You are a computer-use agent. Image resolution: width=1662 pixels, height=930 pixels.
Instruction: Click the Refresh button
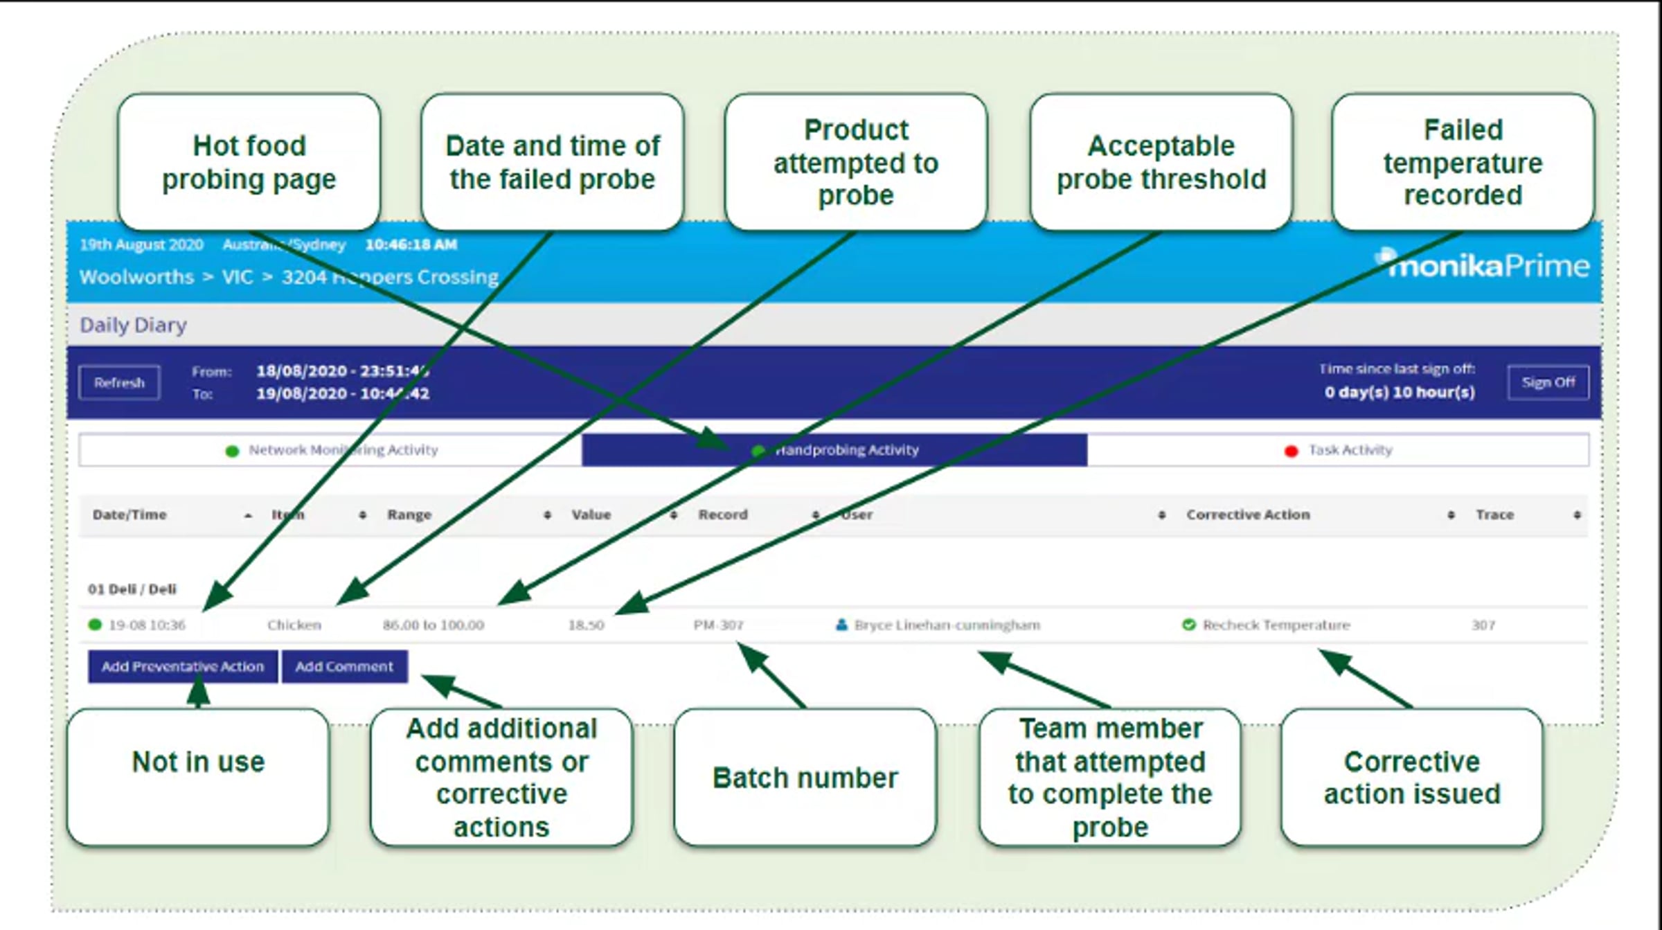[119, 382]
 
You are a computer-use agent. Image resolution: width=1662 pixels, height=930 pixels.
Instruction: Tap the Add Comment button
[344, 666]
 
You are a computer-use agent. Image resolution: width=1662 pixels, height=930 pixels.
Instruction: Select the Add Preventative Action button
[182, 666]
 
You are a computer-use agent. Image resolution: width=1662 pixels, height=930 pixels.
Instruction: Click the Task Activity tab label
[1350, 450]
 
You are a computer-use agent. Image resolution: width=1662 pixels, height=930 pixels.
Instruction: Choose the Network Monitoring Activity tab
[343, 450]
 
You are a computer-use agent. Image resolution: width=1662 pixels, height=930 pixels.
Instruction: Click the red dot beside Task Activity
[1291, 451]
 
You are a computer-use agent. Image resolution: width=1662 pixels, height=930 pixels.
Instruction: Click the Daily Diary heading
[133, 325]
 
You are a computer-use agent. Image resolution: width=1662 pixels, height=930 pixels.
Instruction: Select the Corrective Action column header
[1248, 515]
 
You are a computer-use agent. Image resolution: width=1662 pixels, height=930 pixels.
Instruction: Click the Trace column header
[1494, 515]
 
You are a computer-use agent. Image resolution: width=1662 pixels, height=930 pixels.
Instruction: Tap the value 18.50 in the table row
[586, 625]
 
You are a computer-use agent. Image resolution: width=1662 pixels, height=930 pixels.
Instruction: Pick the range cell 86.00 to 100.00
[434, 625]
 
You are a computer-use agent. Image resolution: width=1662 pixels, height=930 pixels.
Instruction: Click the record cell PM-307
[718, 625]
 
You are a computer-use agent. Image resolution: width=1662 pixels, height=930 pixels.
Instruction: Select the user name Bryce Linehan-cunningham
[947, 625]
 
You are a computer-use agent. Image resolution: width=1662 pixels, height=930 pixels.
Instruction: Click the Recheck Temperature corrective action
[1276, 625]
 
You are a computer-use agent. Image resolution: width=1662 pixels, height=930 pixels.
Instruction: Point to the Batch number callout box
[805, 777]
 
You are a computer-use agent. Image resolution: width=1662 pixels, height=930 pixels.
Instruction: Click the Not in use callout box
[198, 776]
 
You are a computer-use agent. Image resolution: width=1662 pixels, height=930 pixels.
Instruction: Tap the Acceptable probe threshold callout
[1161, 162]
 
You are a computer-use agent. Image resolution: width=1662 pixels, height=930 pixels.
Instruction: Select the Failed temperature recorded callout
[1463, 162]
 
